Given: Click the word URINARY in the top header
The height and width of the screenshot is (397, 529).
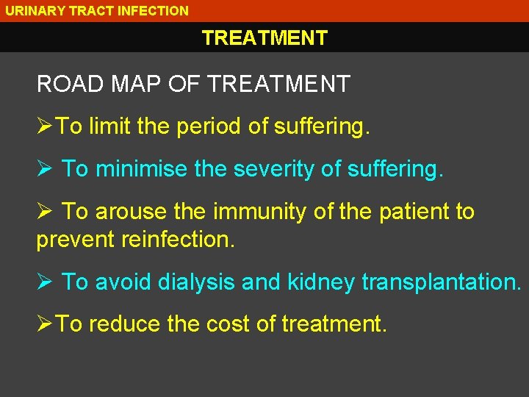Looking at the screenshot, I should point(30,11).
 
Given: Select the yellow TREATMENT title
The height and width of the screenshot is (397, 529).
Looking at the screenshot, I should point(264,38).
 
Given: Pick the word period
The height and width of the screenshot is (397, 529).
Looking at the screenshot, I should point(209,127).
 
